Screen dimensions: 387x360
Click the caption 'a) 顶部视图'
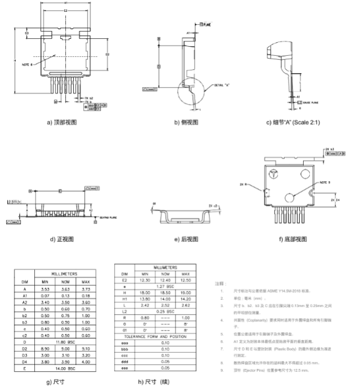[x=62, y=122]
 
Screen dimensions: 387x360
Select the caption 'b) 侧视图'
[x=186, y=122]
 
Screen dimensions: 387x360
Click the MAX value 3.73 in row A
[x=85, y=289]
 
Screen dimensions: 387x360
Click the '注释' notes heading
[x=220, y=285]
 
